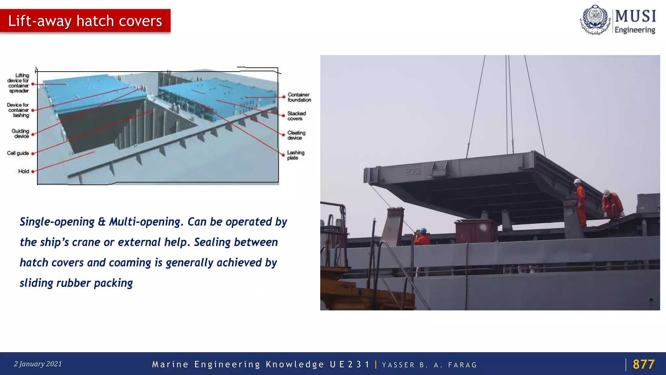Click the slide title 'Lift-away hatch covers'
click(85, 21)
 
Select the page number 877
click(643, 364)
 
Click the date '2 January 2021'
click(38, 364)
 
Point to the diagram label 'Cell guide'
click(18, 153)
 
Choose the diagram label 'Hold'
click(23, 171)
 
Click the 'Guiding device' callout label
click(20, 133)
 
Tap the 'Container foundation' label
click(299, 97)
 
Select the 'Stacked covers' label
click(296, 116)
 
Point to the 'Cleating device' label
click(296, 135)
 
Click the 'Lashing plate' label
click(295, 155)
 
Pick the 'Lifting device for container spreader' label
click(19, 83)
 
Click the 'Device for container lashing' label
click(18, 110)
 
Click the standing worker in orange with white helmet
click(581, 202)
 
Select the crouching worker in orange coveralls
click(612, 204)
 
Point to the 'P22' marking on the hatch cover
click(413, 171)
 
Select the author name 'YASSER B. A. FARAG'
click(429, 365)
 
